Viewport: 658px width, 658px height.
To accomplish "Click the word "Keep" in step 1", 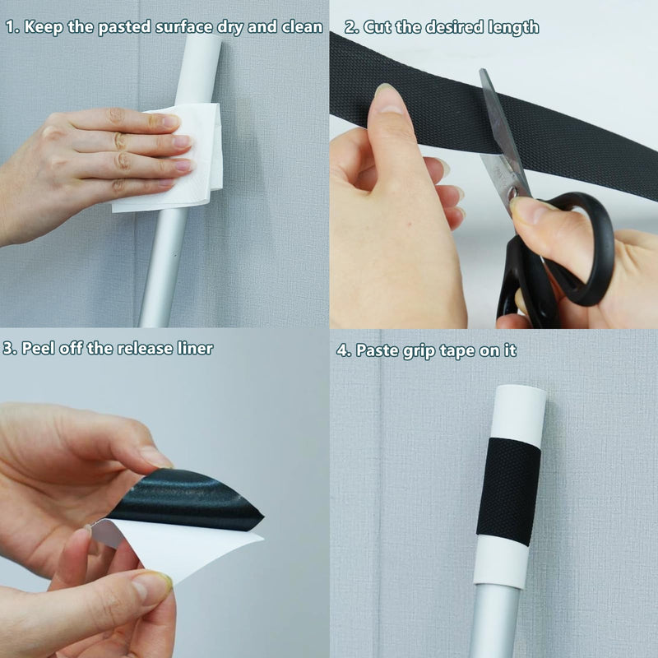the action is [44, 27].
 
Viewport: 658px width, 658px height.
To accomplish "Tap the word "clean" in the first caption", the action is [302, 26].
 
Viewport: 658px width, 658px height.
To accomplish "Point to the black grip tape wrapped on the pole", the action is [508, 491].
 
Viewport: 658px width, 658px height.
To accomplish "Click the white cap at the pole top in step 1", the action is [199, 68].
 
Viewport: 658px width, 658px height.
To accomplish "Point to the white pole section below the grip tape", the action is [501, 562].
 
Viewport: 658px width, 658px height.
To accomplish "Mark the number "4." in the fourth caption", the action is [344, 350].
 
